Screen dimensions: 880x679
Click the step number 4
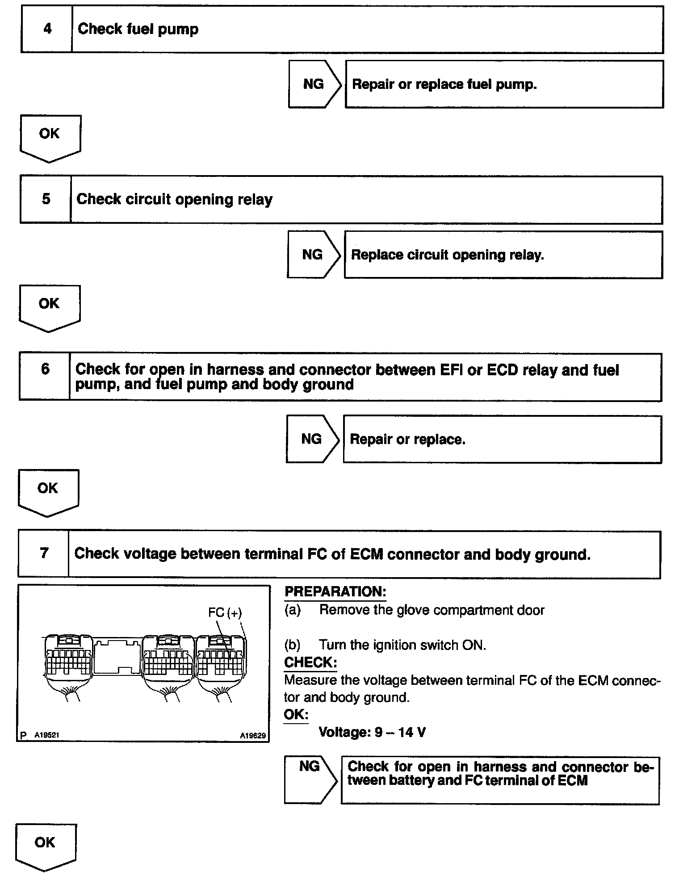(x=47, y=29)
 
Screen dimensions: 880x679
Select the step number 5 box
(x=46, y=199)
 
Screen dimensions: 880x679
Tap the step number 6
(x=45, y=369)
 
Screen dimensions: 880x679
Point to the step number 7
(x=44, y=553)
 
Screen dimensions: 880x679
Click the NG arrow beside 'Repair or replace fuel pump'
(x=314, y=84)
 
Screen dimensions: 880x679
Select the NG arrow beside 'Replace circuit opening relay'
(x=313, y=255)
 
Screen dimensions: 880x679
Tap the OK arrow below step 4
(x=50, y=136)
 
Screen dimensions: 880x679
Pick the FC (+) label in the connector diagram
(x=225, y=612)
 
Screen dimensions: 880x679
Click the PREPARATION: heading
(x=335, y=591)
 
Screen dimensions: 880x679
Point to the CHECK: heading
(x=310, y=662)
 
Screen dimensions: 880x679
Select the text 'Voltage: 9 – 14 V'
(x=372, y=732)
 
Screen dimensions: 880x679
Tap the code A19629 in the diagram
(x=252, y=735)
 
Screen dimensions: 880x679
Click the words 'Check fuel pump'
(x=138, y=29)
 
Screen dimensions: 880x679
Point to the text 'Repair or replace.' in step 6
(x=407, y=440)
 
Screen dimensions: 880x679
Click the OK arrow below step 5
(x=49, y=306)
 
